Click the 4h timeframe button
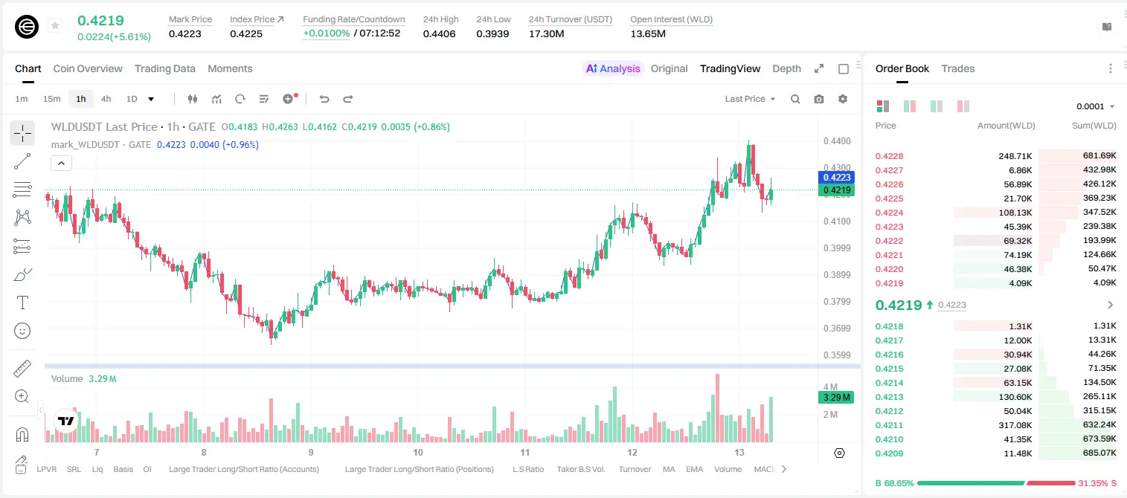tap(106, 99)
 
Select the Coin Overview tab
tap(88, 68)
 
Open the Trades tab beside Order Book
tap(958, 68)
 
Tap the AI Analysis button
tap(613, 68)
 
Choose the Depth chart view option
tap(786, 68)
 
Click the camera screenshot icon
tap(819, 99)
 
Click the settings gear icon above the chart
tap(843, 99)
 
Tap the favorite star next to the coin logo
tap(55, 25)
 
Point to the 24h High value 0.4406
tap(439, 33)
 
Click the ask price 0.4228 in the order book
tap(889, 156)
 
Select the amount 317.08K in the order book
tap(1015, 425)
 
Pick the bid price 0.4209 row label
tap(889, 453)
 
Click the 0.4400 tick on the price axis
tap(837, 141)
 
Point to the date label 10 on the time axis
tap(417, 452)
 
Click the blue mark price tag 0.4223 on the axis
tap(836, 178)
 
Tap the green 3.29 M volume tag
tap(836, 398)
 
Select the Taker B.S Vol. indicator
tap(580, 469)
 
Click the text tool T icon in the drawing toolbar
tap(22, 303)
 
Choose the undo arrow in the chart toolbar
tap(324, 99)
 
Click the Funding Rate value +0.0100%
tap(326, 33)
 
